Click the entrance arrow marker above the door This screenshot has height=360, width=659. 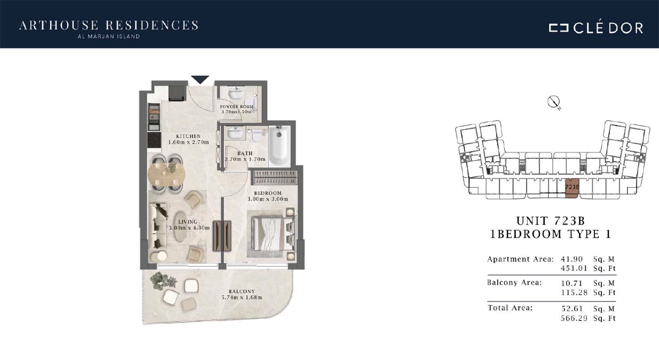[200, 79]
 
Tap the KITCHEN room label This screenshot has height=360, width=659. [188, 137]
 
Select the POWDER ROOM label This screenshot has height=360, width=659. [236, 107]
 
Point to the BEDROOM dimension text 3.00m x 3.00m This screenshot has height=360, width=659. [268, 199]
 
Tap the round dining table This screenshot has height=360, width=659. [167, 174]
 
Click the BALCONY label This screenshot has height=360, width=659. [242, 291]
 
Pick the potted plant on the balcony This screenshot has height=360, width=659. [163, 281]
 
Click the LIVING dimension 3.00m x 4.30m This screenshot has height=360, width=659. [189, 228]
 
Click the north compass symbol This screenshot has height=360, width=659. [554, 102]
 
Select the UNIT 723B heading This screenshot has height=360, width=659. [550, 221]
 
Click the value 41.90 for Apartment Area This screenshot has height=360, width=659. [572, 259]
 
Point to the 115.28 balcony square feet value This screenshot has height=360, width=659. [574, 293]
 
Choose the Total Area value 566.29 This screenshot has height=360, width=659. [574, 318]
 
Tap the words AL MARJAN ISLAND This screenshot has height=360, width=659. [109, 37]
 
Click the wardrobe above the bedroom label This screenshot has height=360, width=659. [275, 178]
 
